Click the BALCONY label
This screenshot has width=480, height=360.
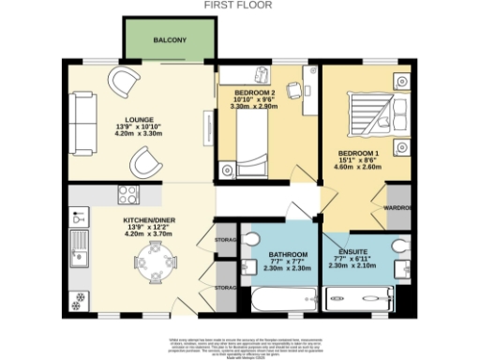(x=171, y=40)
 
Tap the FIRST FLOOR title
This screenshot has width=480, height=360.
(x=239, y=5)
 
